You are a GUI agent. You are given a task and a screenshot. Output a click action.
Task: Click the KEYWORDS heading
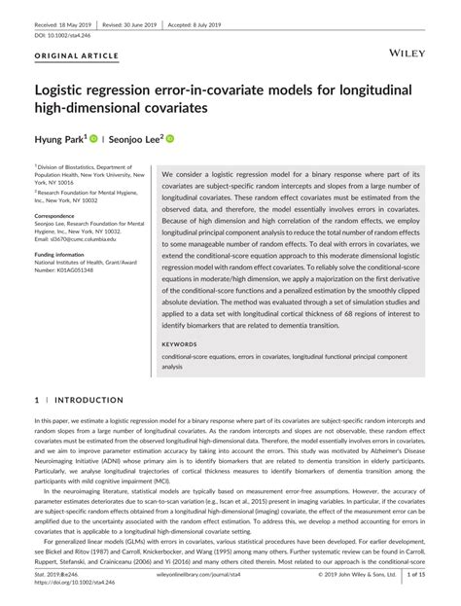click(x=180, y=343)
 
